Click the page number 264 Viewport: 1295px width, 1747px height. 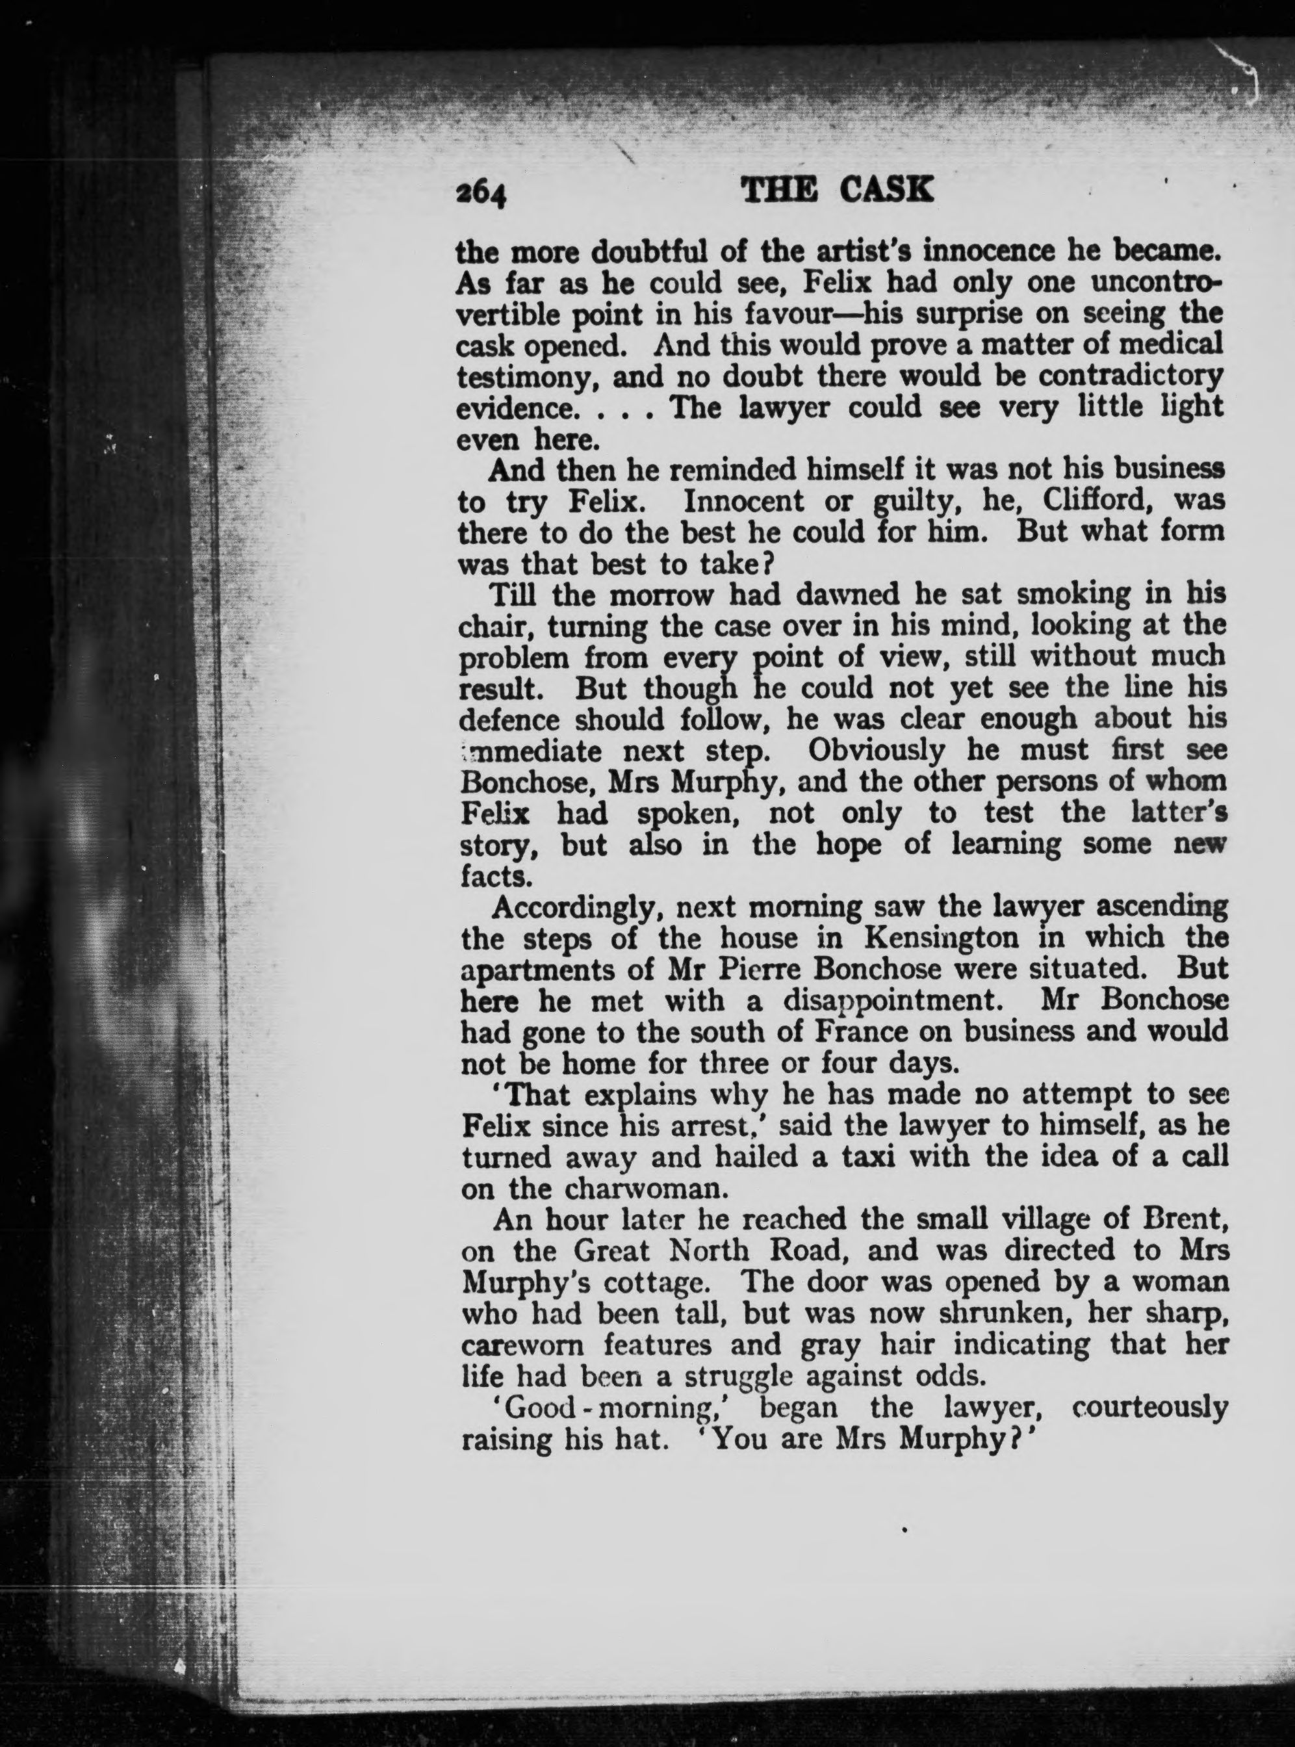click(482, 190)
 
